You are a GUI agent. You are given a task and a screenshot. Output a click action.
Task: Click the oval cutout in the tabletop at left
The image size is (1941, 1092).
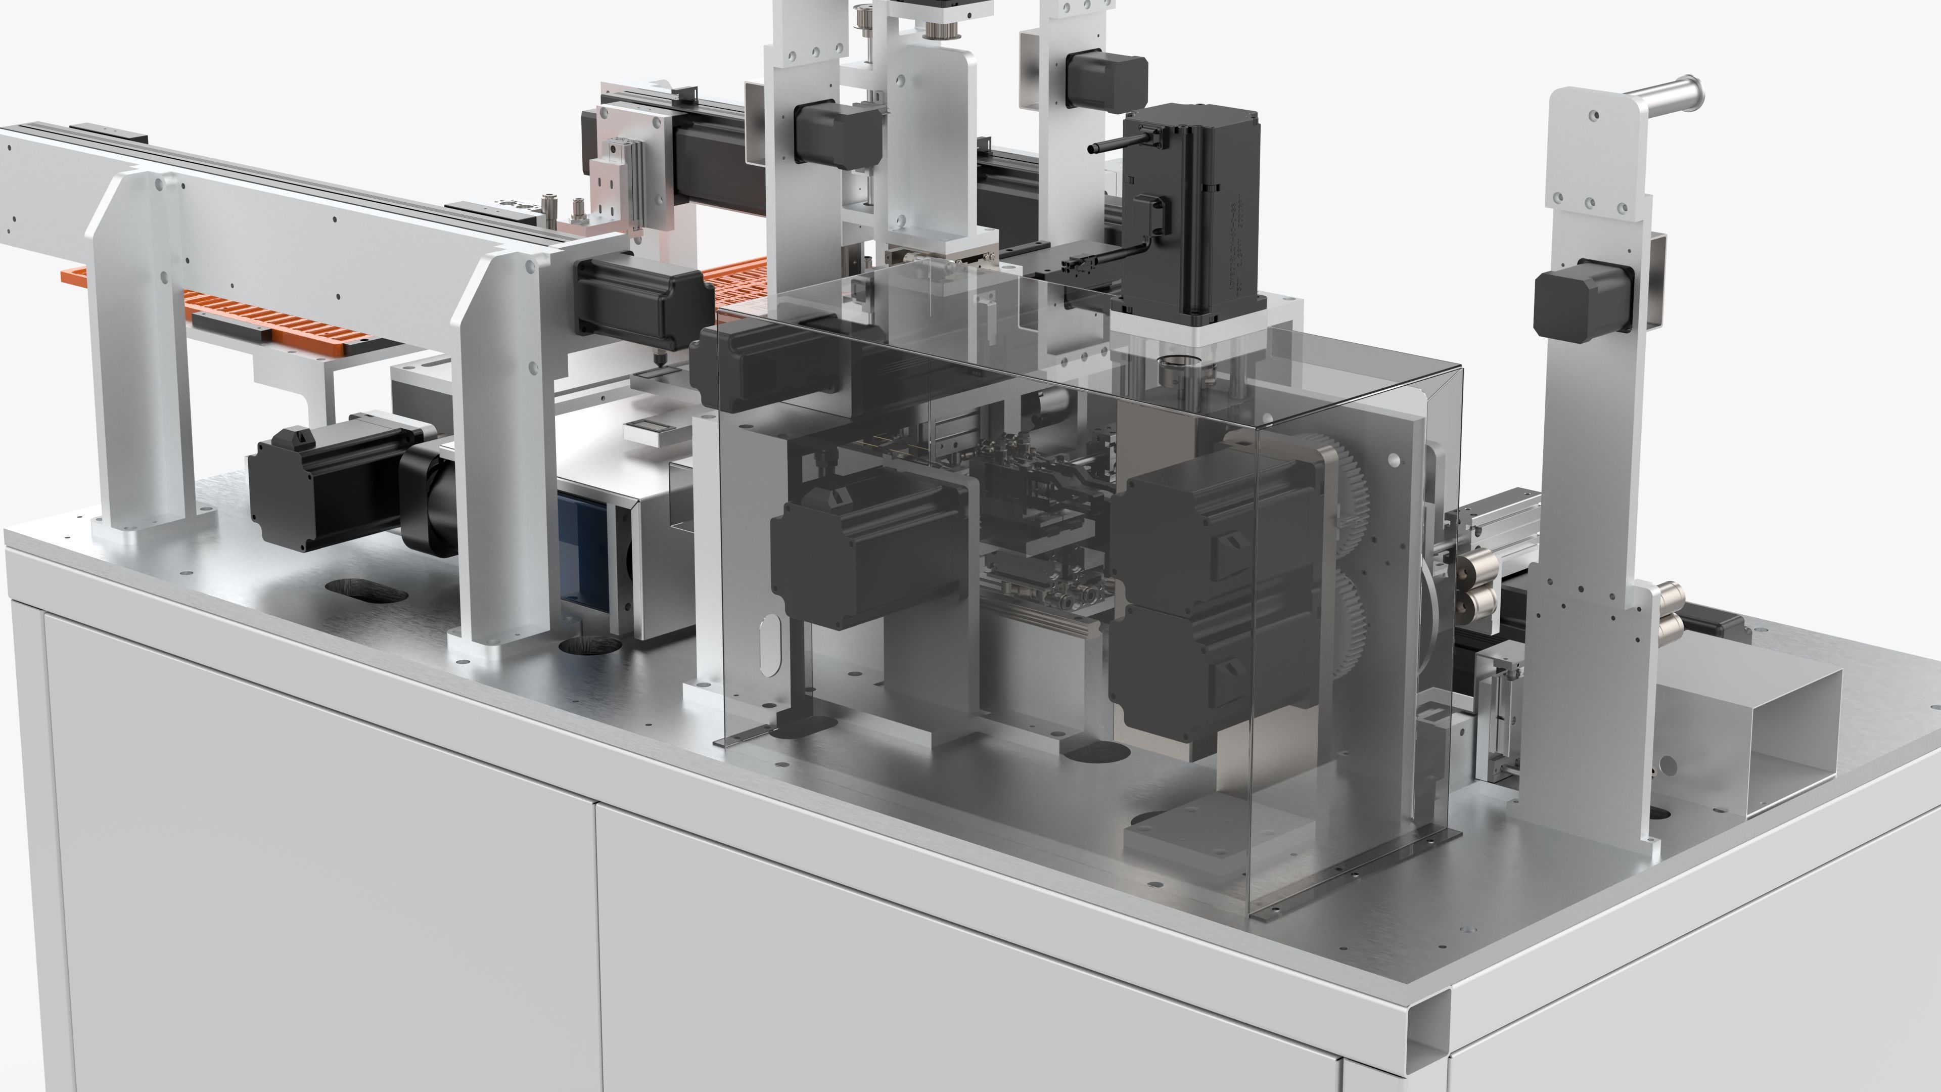[x=366, y=590]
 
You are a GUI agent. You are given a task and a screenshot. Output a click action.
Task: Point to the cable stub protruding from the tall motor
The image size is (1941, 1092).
[x=1107, y=146]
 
